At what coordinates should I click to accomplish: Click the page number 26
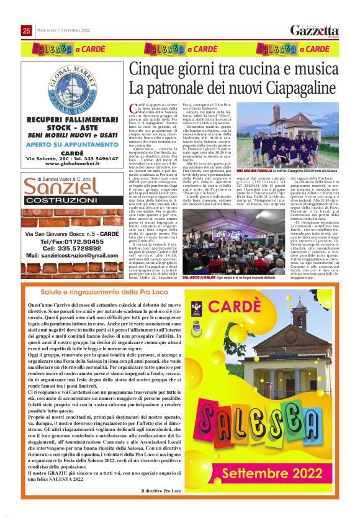click(27, 31)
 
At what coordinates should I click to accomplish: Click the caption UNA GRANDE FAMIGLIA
click(254, 169)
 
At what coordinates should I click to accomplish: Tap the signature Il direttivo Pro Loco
click(163, 491)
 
